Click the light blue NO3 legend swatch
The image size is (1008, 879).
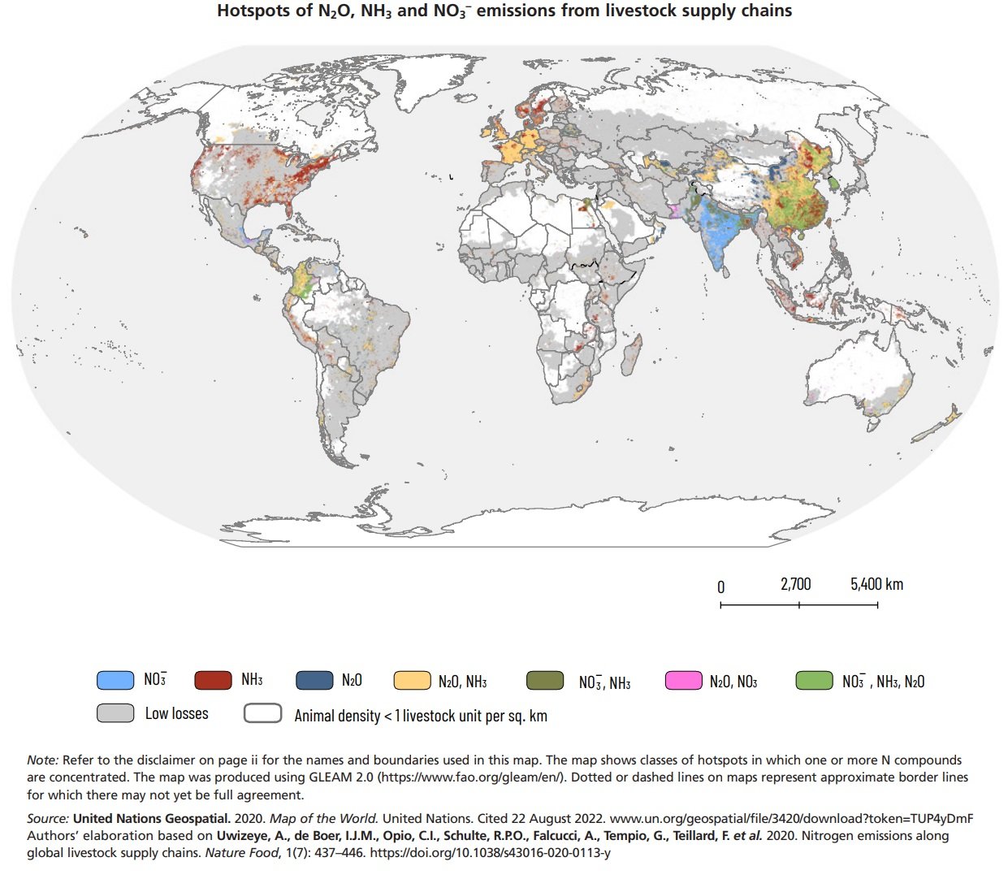coord(115,680)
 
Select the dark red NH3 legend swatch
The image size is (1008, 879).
coord(214,680)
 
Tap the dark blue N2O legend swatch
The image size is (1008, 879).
coord(314,680)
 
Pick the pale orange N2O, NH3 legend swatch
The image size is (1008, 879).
coord(412,681)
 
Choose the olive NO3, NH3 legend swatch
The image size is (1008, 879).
coord(545,681)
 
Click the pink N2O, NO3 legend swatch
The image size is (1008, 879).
coord(683,681)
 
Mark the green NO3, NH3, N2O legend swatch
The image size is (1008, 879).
coord(814,681)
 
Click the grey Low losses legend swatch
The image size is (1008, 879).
coord(115,713)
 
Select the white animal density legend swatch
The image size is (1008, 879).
coord(262,713)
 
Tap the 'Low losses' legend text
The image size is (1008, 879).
coord(176,713)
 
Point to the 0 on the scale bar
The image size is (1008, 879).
coord(721,587)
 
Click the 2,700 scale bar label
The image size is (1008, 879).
coord(795,584)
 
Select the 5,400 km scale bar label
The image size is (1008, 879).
coord(876,584)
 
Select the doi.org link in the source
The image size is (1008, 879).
coord(490,853)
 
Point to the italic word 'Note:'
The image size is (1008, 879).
coord(42,760)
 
